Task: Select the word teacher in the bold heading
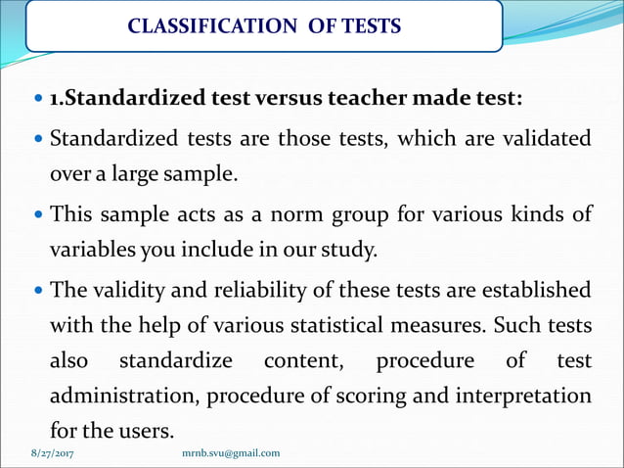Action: [x=378, y=99]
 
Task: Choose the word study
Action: [x=348, y=249]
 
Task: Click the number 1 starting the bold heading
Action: [x=55, y=100]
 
